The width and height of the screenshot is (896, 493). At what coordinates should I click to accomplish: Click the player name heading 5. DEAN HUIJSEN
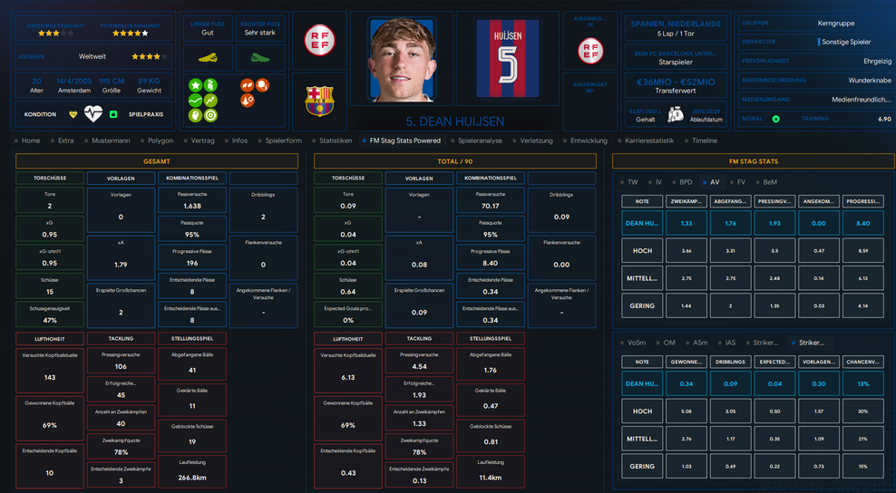click(x=454, y=121)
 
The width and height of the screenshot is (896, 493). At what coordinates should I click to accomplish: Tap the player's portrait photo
click(x=402, y=59)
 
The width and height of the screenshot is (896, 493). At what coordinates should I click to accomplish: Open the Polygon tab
click(x=161, y=140)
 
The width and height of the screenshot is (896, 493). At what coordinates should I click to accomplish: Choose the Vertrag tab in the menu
click(x=202, y=140)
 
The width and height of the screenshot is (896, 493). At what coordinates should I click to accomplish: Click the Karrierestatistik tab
click(x=649, y=140)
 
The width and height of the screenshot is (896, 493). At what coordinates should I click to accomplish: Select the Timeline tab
click(x=704, y=140)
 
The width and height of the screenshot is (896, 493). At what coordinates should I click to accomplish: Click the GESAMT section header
click(x=157, y=161)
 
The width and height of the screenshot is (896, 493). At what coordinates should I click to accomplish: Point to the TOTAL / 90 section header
click(x=454, y=161)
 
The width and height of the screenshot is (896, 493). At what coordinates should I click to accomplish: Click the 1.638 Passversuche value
click(x=191, y=207)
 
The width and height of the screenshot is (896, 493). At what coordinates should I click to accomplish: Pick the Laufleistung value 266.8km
click(x=191, y=477)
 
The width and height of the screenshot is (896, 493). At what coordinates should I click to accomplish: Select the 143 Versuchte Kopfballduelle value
click(x=50, y=377)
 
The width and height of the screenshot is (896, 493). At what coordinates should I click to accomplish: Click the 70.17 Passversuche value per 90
click(x=490, y=207)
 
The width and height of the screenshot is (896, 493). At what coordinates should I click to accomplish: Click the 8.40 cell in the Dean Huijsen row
click(x=862, y=223)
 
